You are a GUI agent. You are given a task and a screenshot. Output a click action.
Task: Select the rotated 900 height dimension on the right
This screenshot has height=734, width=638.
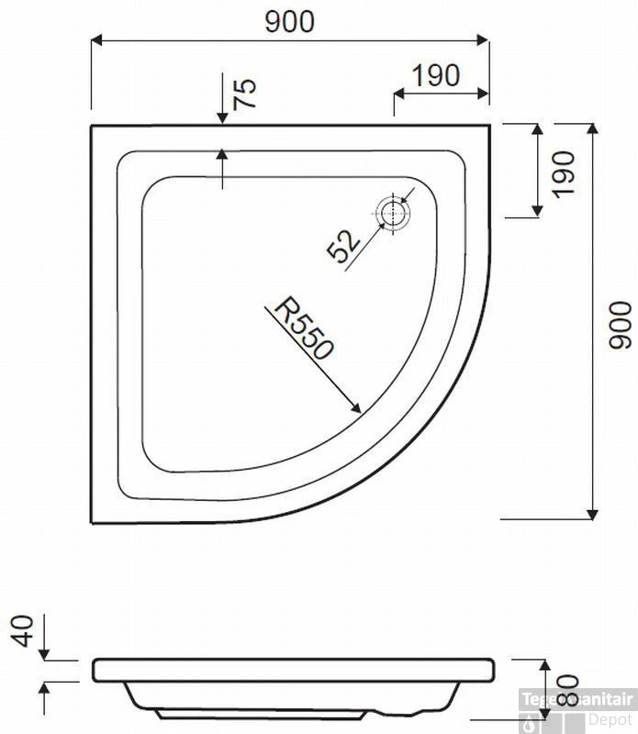(621, 324)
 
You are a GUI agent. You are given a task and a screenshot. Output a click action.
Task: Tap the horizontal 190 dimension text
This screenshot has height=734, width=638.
(435, 76)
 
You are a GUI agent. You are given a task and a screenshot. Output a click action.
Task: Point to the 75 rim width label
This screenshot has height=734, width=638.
(244, 95)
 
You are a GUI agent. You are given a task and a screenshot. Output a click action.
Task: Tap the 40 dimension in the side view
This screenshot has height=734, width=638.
(25, 630)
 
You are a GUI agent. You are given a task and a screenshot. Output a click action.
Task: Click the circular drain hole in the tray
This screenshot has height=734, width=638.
(394, 213)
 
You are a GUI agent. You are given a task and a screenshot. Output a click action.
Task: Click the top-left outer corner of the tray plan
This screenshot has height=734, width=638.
(92, 127)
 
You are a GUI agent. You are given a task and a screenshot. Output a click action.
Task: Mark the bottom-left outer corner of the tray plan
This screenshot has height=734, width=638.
(92, 523)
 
